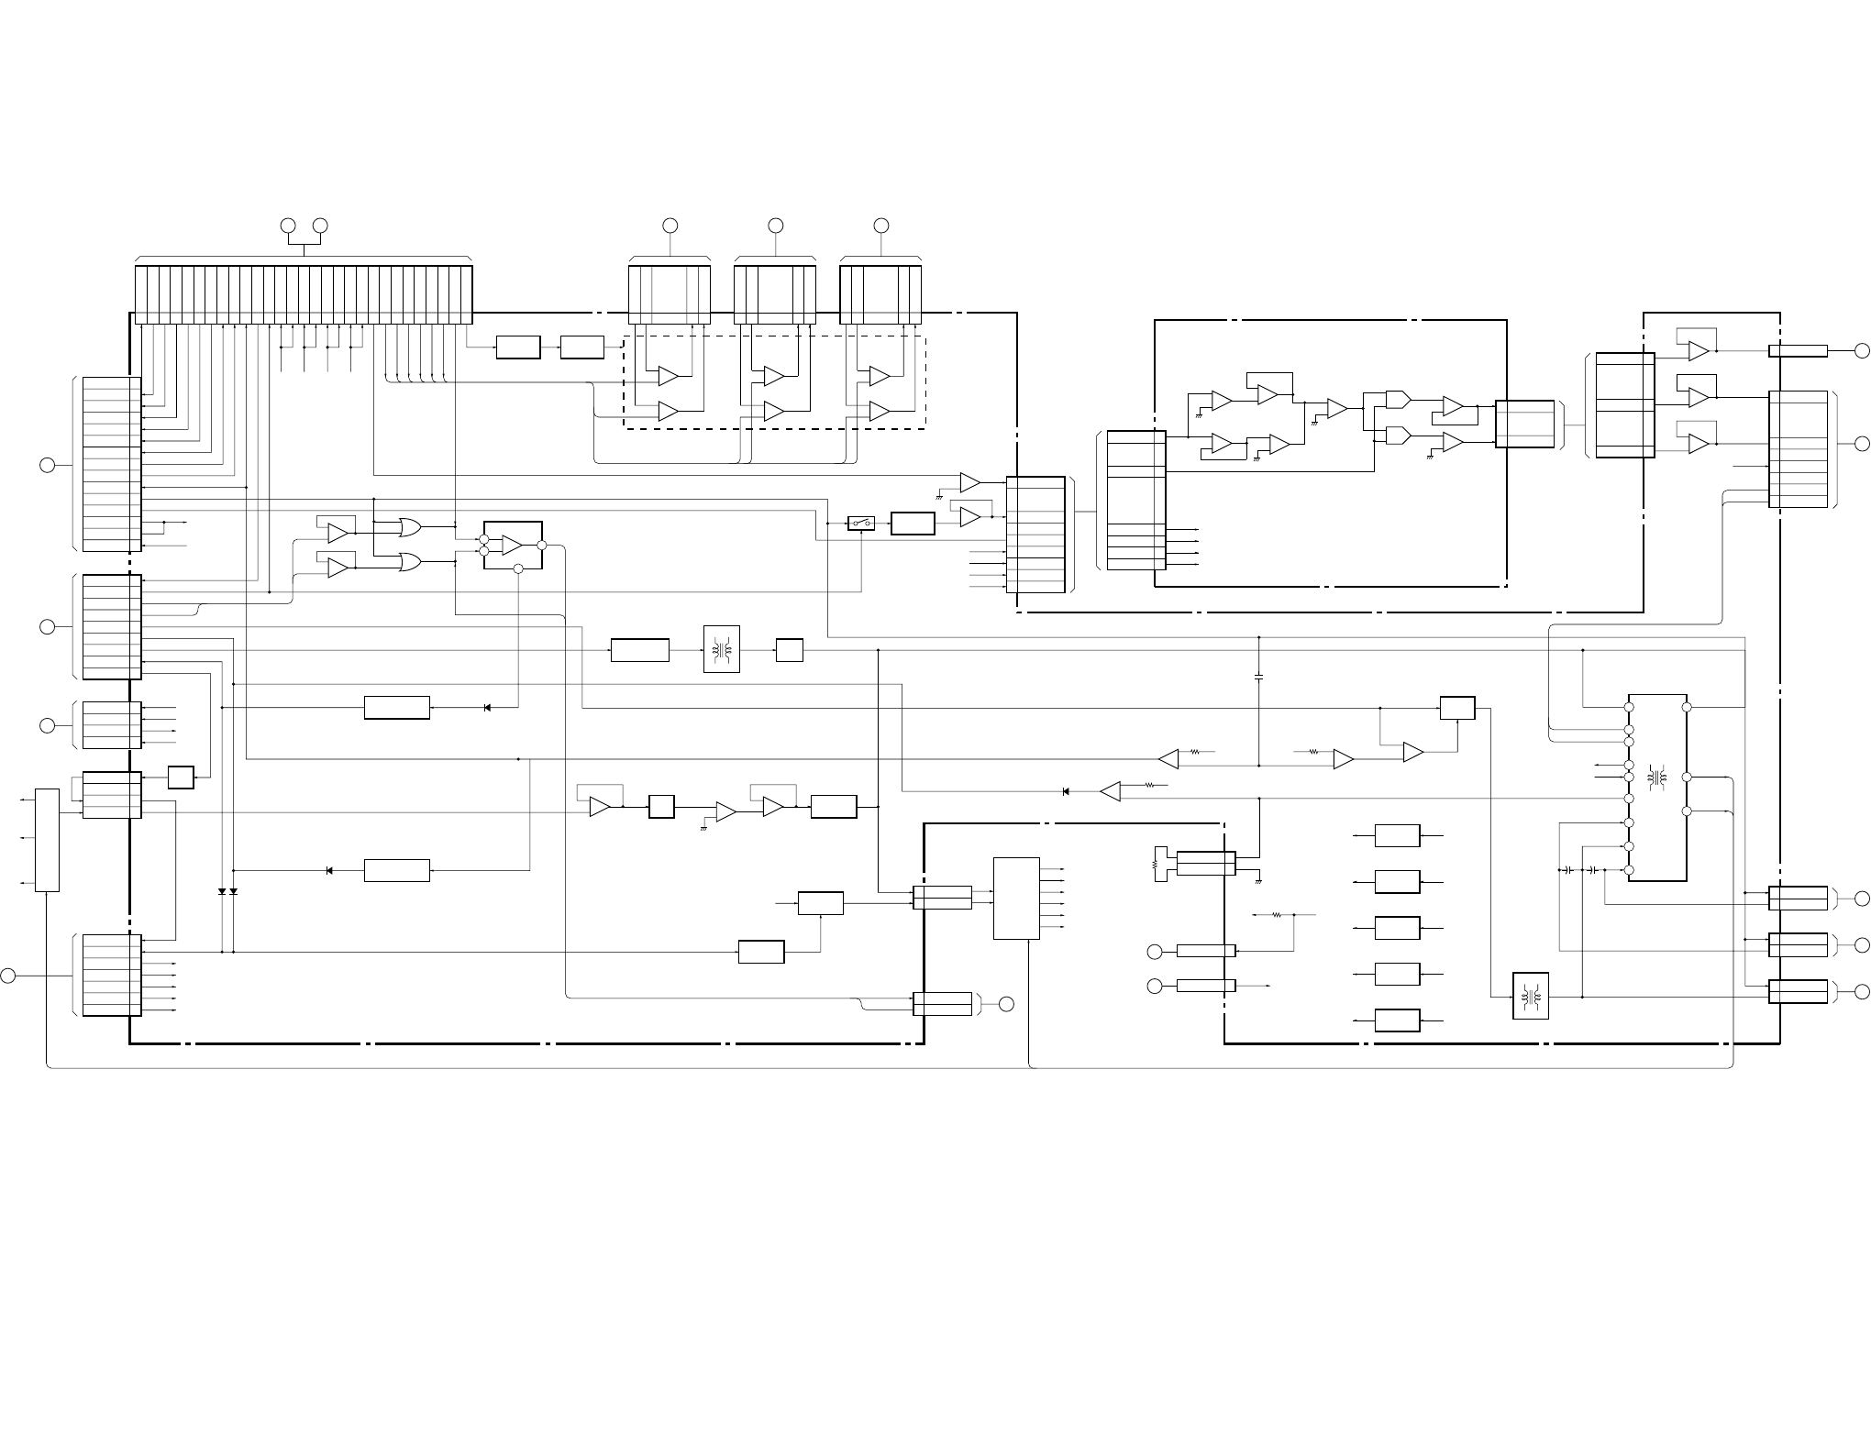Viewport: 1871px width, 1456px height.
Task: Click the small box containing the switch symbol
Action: pos(860,524)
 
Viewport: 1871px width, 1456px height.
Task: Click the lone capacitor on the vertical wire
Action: pos(1258,677)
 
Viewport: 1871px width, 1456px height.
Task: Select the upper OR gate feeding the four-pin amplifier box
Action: pos(409,527)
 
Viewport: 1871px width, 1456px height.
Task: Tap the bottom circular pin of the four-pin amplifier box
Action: pos(517,569)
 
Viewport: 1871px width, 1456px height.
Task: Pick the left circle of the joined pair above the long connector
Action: pos(288,225)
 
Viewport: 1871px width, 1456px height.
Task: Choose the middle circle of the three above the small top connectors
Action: pos(775,225)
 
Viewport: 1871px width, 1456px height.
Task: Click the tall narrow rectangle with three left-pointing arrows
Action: pos(47,839)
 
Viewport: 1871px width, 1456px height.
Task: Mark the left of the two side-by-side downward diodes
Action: pos(222,891)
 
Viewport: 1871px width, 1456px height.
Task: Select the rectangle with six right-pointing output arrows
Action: pos(1016,899)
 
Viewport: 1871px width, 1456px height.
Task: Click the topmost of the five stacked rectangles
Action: pos(1397,835)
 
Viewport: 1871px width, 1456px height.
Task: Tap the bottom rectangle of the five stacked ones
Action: pos(1397,1020)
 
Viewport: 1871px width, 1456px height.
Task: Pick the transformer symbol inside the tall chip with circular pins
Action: pos(1656,777)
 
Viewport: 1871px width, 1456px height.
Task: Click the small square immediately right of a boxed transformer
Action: pos(789,650)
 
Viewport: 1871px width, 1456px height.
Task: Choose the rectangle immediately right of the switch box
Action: pos(913,524)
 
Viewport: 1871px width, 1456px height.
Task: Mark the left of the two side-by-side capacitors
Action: pos(1569,869)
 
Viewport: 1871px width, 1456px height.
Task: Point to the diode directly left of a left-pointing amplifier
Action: pos(1065,791)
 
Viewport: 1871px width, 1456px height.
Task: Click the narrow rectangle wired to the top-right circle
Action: pos(1798,350)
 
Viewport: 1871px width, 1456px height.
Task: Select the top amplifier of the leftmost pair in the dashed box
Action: pos(668,376)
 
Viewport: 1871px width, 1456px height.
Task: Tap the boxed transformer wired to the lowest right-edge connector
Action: pos(1530,996)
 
